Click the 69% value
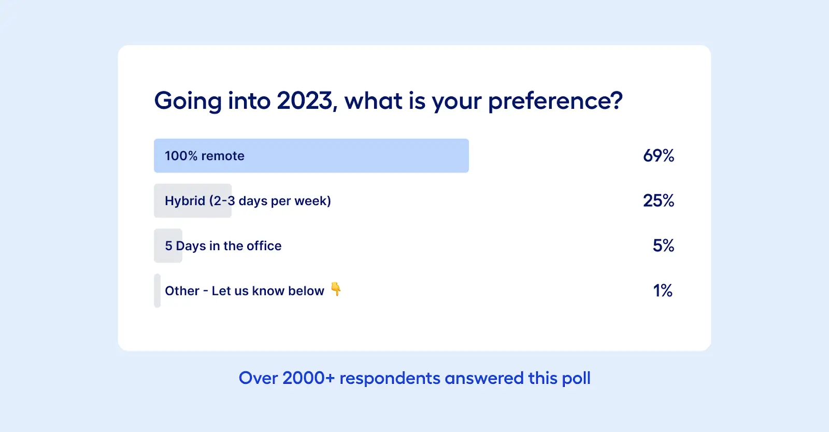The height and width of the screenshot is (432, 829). click(x=659, y=156)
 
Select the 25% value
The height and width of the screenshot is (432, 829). click(x=659, y=201)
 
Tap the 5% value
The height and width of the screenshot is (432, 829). click(x=663, y=246)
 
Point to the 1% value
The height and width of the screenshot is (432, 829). click(x=663, y=291)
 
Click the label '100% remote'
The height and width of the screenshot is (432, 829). click(x=205, y=156)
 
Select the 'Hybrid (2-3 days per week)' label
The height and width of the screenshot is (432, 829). click(x=248, y=201)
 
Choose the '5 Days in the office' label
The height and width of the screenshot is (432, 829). click(x=223, y=246)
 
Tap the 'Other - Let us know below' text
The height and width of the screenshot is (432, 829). click(x=244, y=291)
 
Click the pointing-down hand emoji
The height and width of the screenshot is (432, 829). click(x=336, y=289)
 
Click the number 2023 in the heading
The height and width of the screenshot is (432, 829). click(x=305, y=100)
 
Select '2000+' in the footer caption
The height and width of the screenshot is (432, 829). click(x=309, y=378)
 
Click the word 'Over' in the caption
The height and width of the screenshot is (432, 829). click(x=259, y=378)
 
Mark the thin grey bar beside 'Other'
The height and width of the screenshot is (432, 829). click(x=158, y=291)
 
